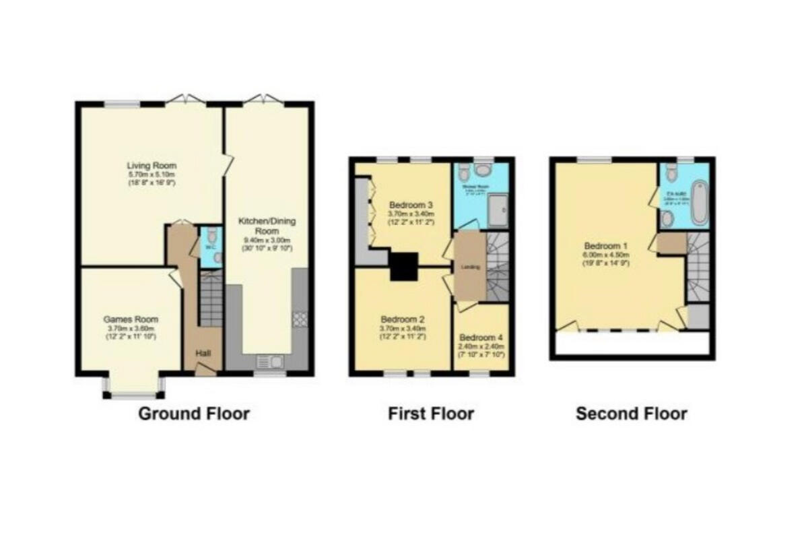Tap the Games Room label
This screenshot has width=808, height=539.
(131, 319)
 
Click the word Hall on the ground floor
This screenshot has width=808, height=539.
(203, 353)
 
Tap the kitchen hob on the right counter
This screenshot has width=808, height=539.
(299, 319)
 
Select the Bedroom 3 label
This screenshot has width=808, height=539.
(411, 205)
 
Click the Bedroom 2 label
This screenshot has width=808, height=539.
(402, 319)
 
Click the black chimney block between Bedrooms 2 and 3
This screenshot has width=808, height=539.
(405, 266)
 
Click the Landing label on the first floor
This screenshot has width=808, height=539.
(469, 267)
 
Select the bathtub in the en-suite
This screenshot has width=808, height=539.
(699, 202)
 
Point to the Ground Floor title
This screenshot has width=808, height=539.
(194, 414)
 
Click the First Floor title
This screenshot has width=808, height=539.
(431, 414)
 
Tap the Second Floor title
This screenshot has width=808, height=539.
(632, 414)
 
